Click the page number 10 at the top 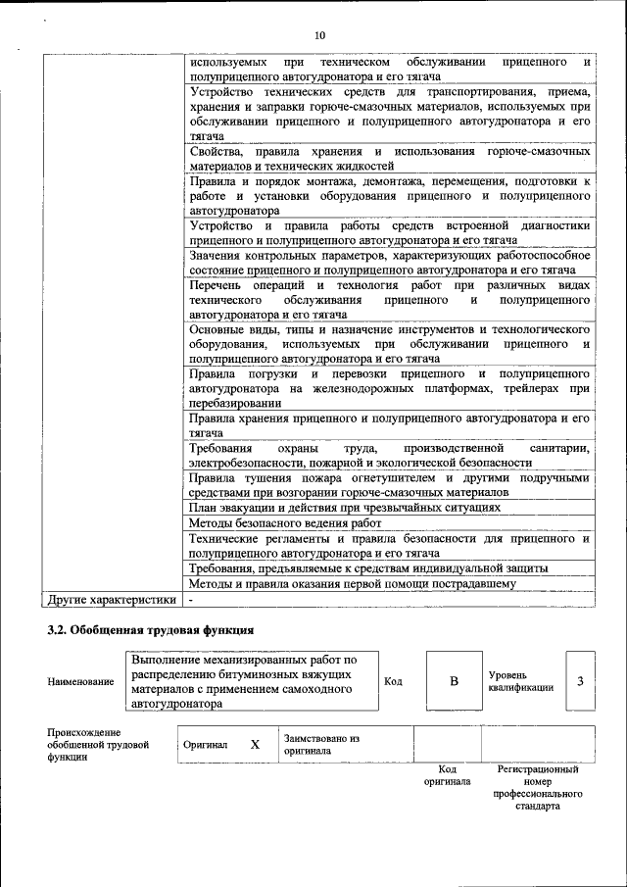coord(319,36)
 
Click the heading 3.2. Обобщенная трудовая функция coord(151,630)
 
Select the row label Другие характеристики coord(112,599)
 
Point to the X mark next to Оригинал coord(255,745)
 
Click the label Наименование coord(80,681)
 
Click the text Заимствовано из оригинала coord(322,745)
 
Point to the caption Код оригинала coord(447,775)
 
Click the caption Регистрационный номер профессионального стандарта coord(537,788)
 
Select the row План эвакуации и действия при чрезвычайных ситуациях coord(345,508)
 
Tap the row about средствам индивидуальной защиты coord(367,568)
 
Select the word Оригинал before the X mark coord(205,745)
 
